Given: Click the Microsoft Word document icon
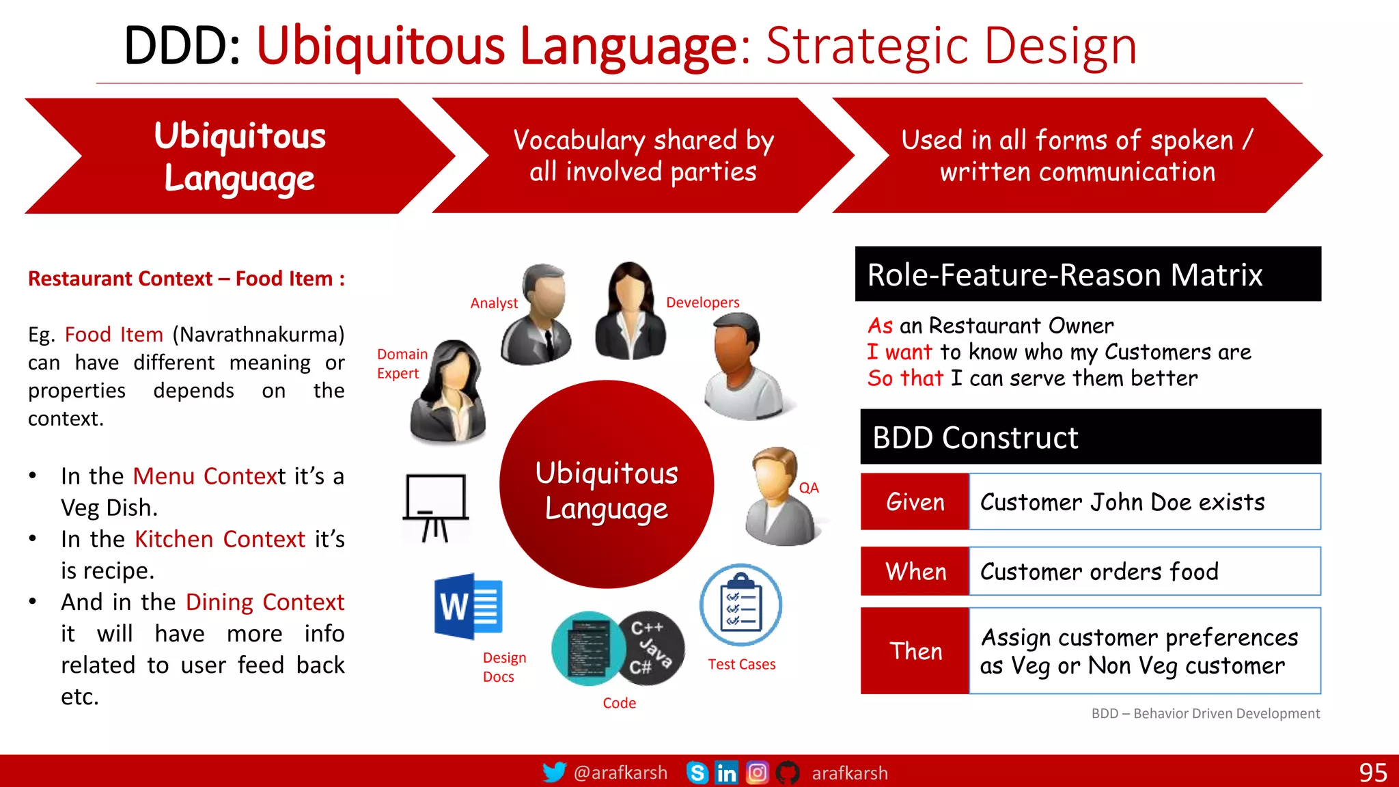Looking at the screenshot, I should (x=469, y=607).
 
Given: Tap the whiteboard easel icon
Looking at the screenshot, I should (x=436, y=508).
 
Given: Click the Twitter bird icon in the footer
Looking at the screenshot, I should (x=554, y=773).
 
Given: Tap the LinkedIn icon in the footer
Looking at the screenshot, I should (x=726, y=773).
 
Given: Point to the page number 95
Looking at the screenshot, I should (x=1372, y=773).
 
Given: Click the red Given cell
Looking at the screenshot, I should (x=915, y=502).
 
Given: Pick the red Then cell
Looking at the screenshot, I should (x=915, y=651).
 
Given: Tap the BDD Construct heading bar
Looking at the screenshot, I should (x=1090, y=437).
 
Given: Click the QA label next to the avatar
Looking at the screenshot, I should (x=809, y=488).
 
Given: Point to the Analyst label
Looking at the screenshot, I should (x=494, y=303).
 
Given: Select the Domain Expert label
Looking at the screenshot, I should (x=402, y=363).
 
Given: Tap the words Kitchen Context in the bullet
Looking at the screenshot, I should (x=220, y=539).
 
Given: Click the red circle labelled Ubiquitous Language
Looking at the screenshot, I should (x=606, y=485).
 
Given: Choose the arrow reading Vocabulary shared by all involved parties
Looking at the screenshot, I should (x=642, y=156).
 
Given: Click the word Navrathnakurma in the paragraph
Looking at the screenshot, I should (x=258, y=335).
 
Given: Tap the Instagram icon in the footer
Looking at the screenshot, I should (x=757, y=773).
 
